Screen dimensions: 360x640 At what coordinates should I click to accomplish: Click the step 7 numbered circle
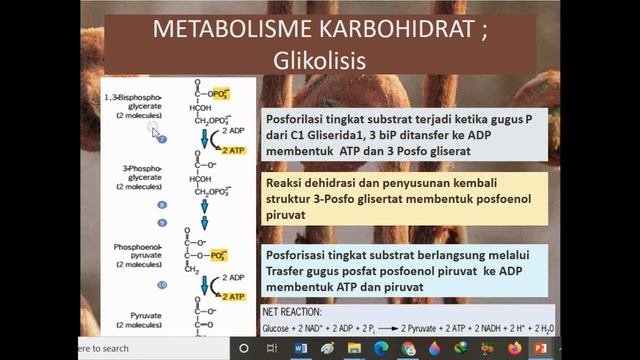[161, 139]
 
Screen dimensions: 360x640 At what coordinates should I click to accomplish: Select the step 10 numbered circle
[161, 285]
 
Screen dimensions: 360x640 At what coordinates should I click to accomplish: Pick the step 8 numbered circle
[161, 205]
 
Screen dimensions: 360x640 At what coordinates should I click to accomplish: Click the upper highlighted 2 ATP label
[232, 150]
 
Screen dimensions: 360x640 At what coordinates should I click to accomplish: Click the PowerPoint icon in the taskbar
[541, 348]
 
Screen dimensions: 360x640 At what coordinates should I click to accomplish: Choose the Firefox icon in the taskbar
[514, 348]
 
